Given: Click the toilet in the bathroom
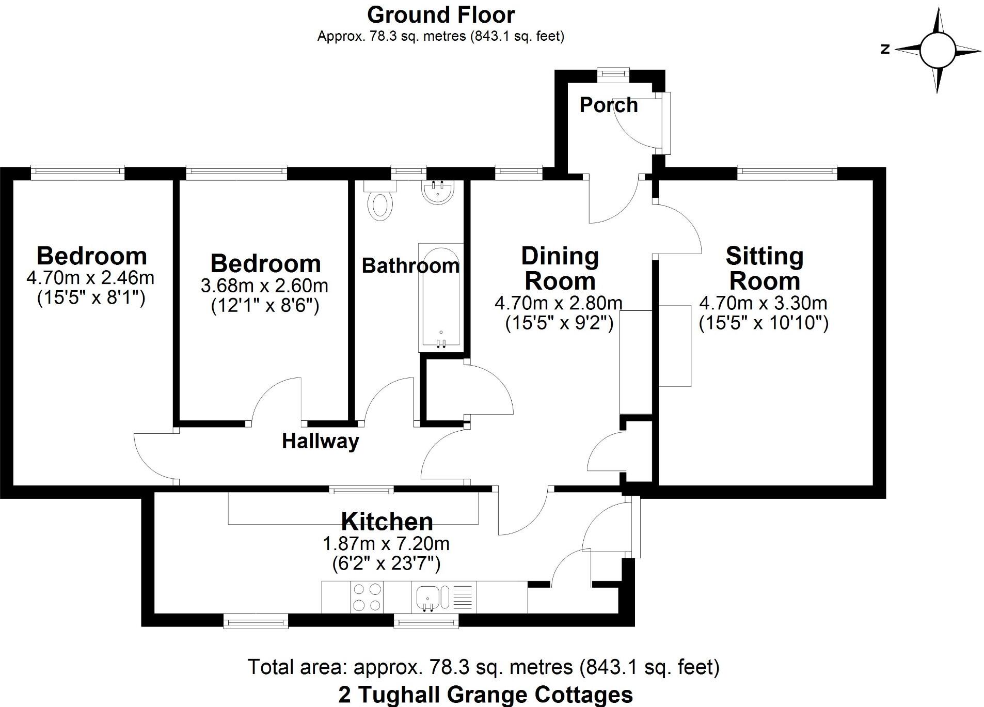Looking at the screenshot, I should [380, 203].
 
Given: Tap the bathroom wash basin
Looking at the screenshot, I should [438, 193].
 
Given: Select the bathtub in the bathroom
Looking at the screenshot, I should [440, 297].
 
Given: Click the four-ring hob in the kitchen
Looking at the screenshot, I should [367, 597].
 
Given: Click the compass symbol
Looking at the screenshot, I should [937, 50].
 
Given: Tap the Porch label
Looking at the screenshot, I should [608, 105].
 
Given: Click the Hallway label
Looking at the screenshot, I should [320, 441].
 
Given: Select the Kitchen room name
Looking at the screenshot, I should [387, 522].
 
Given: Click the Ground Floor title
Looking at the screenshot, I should [440, 15].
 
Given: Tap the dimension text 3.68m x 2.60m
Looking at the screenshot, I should [264, 286].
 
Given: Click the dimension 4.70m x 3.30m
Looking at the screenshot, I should [763, 303].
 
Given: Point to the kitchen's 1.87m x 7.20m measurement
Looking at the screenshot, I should [386, 543].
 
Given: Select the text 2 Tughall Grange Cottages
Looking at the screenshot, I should [485, 695].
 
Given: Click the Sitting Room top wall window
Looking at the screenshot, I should [787, 172].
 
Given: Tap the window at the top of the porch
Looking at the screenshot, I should [613, 74].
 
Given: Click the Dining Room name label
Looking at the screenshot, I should [560, 269].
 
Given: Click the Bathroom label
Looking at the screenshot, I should [410, 266].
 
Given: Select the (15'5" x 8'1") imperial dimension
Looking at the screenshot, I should [91, 298].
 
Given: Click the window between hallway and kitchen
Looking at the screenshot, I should [361, 489].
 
